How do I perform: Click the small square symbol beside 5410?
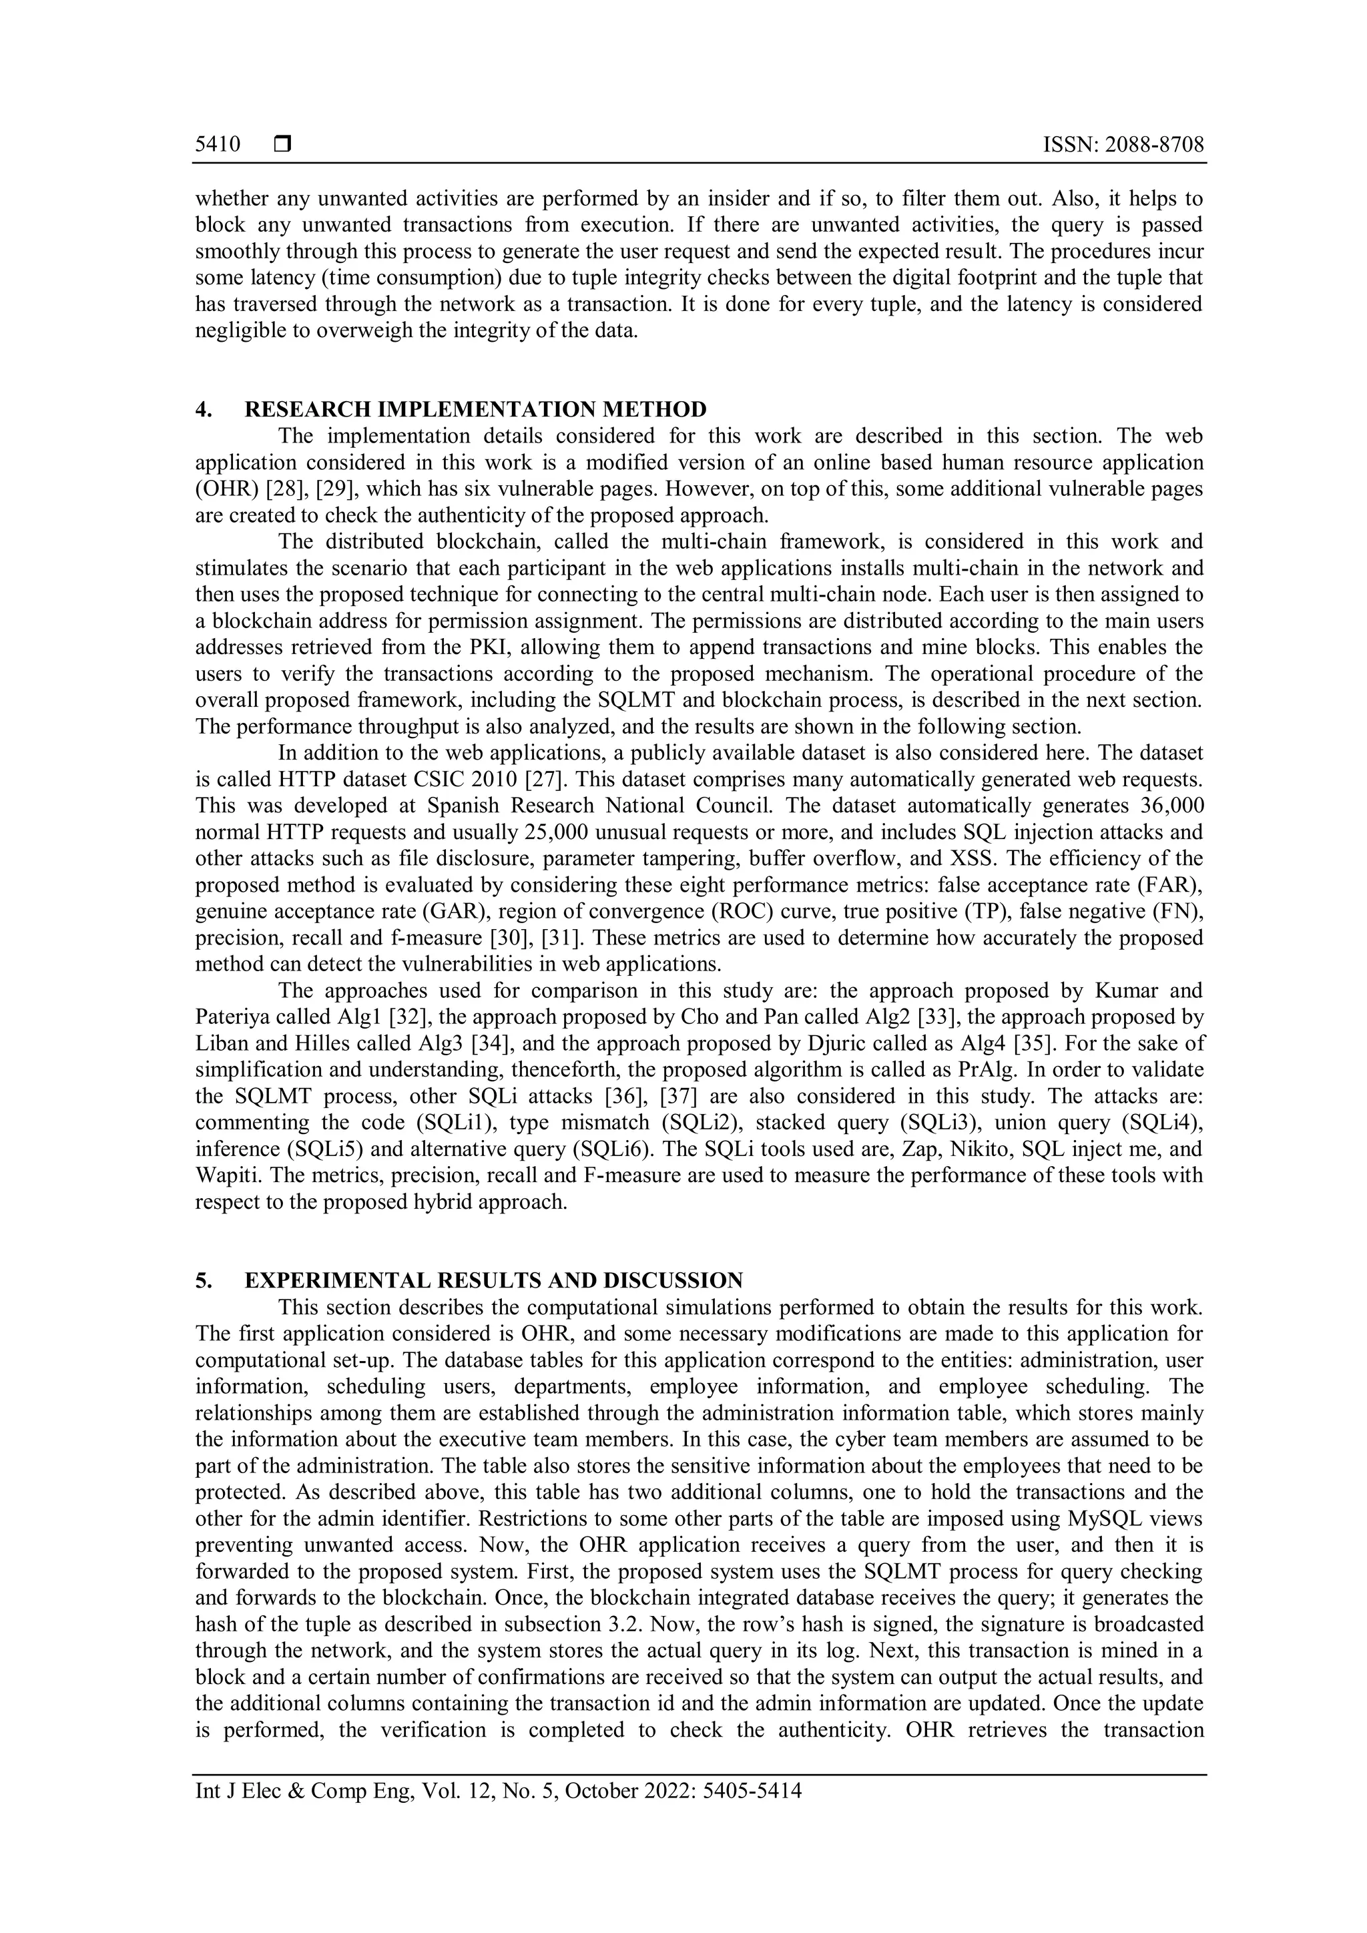[282, 145]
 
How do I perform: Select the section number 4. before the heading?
[203, 409]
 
